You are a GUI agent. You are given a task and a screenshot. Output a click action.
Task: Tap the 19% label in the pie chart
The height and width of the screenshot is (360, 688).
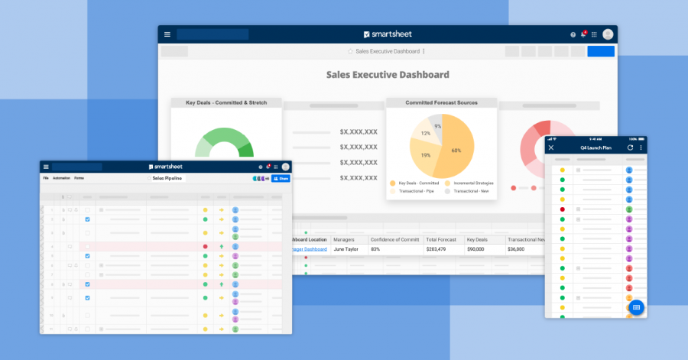[x=425, y=155]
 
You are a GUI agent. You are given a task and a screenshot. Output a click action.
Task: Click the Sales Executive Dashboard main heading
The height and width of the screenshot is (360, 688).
[x=388, y=75]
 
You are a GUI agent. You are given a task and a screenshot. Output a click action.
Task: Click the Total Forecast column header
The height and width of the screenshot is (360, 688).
[x=441, y=239]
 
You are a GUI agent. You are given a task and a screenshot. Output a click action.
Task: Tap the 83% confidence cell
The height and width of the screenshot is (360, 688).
[x=376, y=249]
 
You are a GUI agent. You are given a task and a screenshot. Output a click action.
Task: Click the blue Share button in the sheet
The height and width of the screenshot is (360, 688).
[x=281, y=178]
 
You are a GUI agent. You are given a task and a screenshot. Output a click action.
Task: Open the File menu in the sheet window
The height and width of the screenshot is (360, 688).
[x=46, y=178]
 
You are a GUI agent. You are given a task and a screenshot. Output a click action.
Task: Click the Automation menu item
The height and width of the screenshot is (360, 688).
[x=61, y=178]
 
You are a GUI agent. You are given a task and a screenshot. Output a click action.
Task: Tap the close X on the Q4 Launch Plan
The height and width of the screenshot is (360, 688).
[x=551, y=148]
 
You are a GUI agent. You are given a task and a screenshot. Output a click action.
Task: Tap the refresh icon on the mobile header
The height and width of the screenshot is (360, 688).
[x=630, y=148]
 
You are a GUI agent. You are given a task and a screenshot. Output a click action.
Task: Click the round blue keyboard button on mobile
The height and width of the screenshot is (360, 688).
[x=635, y=307]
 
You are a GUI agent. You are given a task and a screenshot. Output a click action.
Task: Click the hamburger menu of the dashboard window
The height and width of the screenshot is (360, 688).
[x=167, y=34]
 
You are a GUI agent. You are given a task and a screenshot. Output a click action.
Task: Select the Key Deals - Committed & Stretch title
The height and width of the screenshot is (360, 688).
[x=226, y=102]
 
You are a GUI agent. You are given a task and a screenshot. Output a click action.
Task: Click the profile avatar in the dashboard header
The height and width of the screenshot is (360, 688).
[x=608, y=34]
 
